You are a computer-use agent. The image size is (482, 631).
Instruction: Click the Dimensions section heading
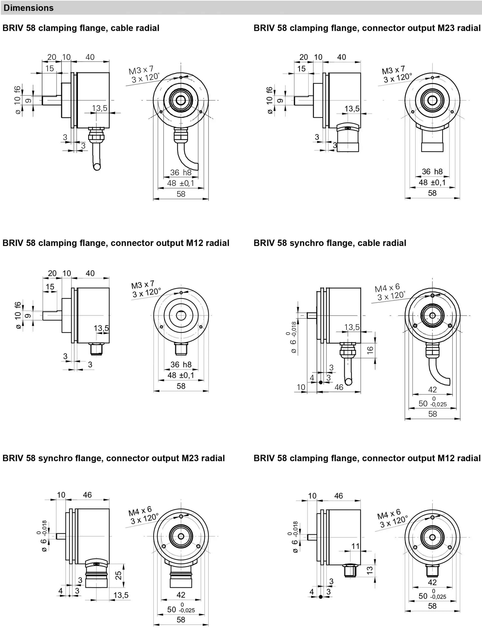pos(28,8)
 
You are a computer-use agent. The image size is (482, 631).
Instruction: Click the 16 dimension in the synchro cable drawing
pos(370,350)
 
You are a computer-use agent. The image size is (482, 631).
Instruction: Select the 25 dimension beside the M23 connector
pos(119,575)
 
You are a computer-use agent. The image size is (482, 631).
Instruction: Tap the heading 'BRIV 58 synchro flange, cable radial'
pos(330,243)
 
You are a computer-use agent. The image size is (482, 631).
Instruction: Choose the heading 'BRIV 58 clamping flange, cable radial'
pos(81,28)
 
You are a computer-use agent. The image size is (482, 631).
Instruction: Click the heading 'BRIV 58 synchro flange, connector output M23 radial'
pos(113,458)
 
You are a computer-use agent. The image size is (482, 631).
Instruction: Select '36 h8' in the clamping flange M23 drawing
pos(432,172)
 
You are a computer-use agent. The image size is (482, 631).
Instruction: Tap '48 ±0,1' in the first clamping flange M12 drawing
pos(181,375)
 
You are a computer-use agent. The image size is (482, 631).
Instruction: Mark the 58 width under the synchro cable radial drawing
pos(432,414)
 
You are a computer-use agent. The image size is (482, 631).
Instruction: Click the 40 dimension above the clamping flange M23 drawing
pos(342,57)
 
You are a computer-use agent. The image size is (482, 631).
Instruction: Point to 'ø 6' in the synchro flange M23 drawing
pos(44,541)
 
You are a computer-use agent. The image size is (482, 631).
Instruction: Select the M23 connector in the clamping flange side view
pos(347,138)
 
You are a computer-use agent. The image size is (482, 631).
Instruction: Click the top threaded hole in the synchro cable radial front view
pos(432,296)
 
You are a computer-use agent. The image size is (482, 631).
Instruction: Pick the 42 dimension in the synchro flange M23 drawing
pos(181,595)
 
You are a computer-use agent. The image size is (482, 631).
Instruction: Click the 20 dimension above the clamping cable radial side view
pos(52,57)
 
